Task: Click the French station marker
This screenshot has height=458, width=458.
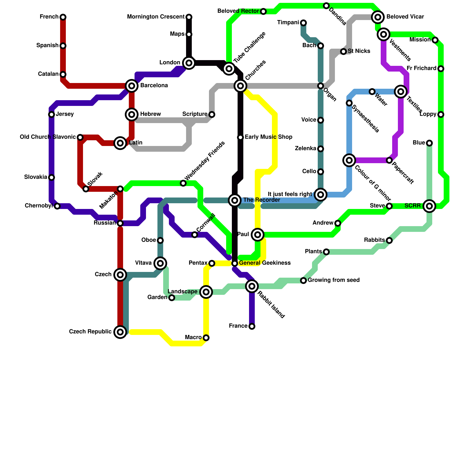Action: (63, 17)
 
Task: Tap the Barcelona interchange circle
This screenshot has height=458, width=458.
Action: (132, 86)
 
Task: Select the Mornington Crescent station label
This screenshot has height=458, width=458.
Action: (156, 17)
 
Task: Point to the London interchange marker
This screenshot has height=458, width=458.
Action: (189, 63)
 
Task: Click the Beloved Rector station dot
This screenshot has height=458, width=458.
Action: (263, 11)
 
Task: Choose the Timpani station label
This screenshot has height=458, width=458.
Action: (288, 23)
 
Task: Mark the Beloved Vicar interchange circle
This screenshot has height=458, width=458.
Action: (378, 17)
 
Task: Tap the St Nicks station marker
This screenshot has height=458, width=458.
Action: (343, 52)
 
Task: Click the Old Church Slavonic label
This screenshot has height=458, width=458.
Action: (48, 137)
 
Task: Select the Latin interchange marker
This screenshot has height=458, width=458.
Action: (120, 143)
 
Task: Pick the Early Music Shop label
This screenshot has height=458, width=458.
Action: (269, 137)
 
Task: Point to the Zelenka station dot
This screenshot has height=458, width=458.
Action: (321, 149)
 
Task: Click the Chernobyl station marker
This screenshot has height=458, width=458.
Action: (57, 206)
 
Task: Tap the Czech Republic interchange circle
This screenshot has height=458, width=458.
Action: (120, 332)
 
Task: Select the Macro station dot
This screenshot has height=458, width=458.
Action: (206, 338)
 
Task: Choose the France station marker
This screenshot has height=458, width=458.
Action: (252, 326)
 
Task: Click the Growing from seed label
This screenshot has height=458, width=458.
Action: (334, 280)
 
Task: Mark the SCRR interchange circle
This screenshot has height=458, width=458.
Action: (429, 206)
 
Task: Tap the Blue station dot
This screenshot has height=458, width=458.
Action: (429, 143)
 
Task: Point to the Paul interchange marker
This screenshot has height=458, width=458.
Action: (258, 235)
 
